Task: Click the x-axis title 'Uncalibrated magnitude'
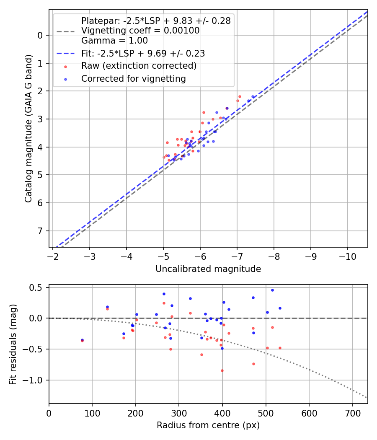click(x=208, y=269)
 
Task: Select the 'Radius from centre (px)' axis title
click(x=208, y=425)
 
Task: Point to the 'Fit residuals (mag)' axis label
click(x=13, y=344)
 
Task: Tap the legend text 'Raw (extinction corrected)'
click(x=139, y=66)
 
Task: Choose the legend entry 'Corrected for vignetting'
click(x=133, y=79)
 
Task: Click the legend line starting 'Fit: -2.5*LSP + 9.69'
click(x=143, y=54)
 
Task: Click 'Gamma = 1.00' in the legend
click(x=114, y=41)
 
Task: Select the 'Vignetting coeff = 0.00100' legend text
click(x=140, y=31)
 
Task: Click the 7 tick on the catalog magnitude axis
click(x=41, y=231)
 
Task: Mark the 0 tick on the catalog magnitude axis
click(x=41, y=35)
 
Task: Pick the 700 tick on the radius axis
click(x=352, y=412)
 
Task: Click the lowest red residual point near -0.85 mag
click(x=222, y=370)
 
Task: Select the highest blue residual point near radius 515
click(x=272, y=290)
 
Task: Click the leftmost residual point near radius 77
click(x=82, y=340)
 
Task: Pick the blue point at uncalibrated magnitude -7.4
click(x=253, y=97)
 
